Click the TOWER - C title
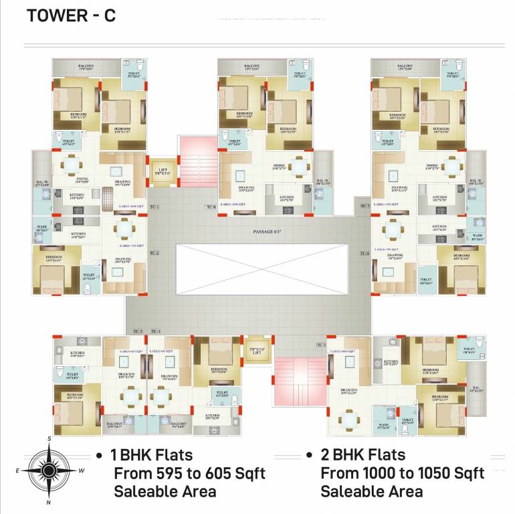pyautogui.click(x=71, y=16)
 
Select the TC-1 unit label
pyautogui.click(x=154, y=207)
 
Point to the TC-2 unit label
pyautogui.click(x=154, y=253)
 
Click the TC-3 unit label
pyautogui.click(x=138, y=331)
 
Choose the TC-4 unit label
pyautogui.click(x=156, y=331)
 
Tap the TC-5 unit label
pyautogui.click(x=321, y=345)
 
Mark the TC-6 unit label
pyautogui.click(x=365, y=253)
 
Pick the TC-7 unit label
pyautogui.click(x=365, y=205)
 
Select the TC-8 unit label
pyautogui.click(x=211, y=207)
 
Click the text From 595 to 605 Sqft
pyautogui.click(x=189, y=474)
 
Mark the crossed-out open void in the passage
pyautogui.click(x=262, y=269)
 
